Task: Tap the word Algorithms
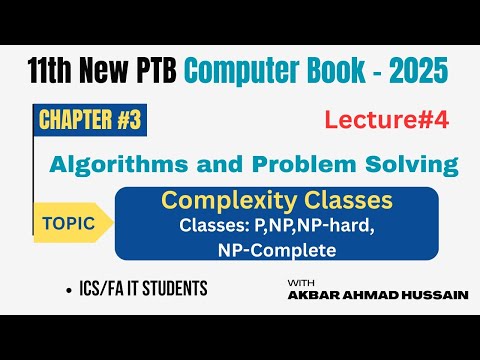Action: (139, 162)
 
